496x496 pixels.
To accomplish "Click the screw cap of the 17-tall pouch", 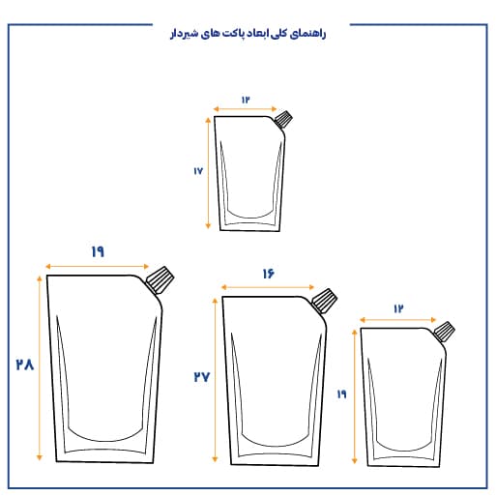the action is click(283, 119).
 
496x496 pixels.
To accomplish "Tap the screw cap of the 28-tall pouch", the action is click(160, 279).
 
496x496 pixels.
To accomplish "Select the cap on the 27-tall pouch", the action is click(324, 301).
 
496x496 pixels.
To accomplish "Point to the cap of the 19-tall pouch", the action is click(444, 331).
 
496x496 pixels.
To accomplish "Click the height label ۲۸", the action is click(25, 365).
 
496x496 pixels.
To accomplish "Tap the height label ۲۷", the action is click(202, 376).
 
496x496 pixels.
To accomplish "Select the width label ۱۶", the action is click(268, 274).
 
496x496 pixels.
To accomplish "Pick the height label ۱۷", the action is click(198, 171).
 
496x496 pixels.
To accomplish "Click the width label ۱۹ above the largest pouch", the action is click(98, 251).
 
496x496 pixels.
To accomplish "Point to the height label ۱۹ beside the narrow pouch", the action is click(341, 394).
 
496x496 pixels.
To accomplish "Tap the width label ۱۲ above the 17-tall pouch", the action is click(246, 100).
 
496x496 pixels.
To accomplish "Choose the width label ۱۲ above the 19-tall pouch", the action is click(398, 309).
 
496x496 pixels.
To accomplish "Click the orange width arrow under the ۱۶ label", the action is click(268, 287).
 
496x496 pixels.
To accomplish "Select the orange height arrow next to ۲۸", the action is click(40, 367).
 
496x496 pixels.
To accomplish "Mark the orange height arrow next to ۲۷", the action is click(215, 380).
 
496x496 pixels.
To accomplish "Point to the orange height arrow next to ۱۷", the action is click(208, 173).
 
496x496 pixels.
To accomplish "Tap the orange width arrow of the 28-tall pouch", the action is click(97, 267).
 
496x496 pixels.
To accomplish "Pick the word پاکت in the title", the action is click(232, 34).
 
